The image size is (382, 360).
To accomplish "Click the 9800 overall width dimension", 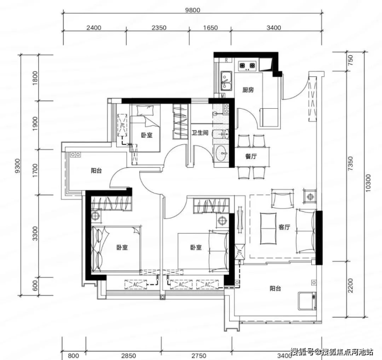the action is click(193, 10).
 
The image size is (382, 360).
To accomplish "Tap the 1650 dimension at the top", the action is click(210, 27).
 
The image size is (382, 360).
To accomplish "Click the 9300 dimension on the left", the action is click(18, 166).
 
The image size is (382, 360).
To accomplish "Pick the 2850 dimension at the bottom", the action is click(129, 356).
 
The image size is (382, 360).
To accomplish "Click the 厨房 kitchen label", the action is click(248, 90).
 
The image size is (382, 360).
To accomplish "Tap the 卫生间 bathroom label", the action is click(200, 133).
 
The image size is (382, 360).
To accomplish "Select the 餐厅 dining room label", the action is click(251, 156).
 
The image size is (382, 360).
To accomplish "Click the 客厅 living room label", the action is click(284, 227).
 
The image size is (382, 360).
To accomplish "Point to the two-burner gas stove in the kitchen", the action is click(247, 66).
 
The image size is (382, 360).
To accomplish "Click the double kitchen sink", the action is click(226, 81).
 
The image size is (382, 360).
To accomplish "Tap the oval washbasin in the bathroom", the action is click(222, 153).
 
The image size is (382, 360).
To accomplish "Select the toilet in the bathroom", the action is click(221, 134).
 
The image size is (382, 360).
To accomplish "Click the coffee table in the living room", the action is click(268, 228).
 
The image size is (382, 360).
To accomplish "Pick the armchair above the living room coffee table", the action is click(282, 199).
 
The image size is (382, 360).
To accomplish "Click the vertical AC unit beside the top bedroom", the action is click(122, 125).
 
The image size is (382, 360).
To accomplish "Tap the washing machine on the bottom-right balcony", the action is click(307, 301).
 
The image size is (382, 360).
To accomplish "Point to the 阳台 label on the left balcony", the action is click(97, 171).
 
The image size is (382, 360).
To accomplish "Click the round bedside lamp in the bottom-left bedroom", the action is click(95, 216).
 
